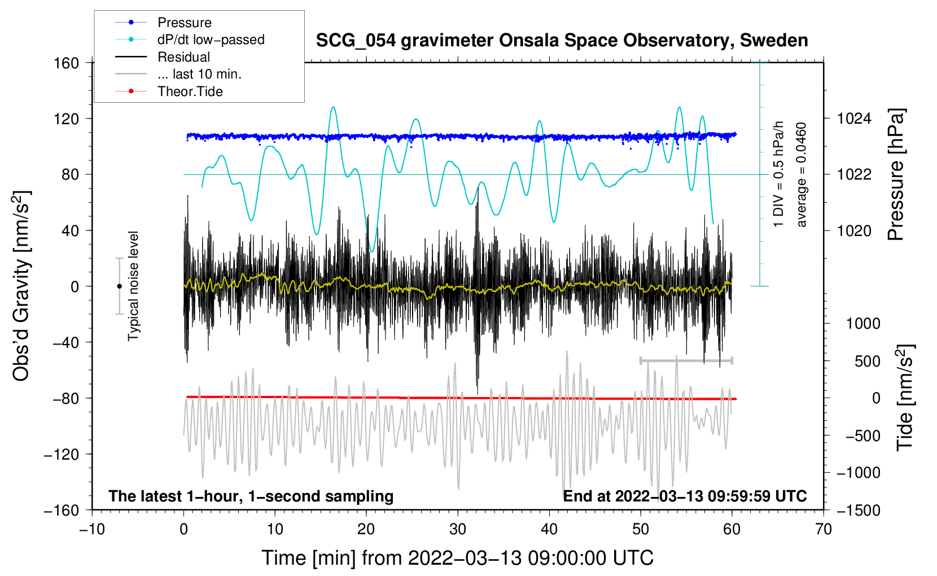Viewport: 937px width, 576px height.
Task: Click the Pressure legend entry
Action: [x=185, y=23]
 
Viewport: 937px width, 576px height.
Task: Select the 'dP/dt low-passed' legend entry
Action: [x=211, y=40]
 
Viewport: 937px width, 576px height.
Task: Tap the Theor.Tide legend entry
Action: [x=190, y=91]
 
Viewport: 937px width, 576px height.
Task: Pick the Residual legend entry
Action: [x=183, y=57]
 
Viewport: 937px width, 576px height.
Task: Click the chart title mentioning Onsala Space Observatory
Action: [x=562, y=41]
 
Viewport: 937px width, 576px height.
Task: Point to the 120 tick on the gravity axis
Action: [x=67, y=119]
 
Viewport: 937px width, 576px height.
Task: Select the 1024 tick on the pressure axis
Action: [x=854, y=119]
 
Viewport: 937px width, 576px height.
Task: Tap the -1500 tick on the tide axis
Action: [x=858, y=510]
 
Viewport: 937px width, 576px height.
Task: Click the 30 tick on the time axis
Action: [x=458, y=529]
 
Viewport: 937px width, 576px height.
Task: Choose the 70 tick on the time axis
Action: [x=824, y=529]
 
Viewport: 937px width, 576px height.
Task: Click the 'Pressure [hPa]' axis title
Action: [x=896, y=174]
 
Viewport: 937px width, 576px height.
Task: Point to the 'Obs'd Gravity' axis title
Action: [x=21, y=286]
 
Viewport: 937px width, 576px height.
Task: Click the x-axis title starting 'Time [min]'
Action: [x=457, y=558]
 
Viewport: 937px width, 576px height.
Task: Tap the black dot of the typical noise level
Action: [x=119, y=286]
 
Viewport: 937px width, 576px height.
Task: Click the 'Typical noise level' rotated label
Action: [x=133, y=286]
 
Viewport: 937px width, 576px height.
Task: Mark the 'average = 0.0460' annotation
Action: [x=802, y=174]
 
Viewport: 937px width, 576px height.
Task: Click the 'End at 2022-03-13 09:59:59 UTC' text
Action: [x=685, y=496]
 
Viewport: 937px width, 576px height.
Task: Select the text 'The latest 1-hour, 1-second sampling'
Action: [x=251, y=496]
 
